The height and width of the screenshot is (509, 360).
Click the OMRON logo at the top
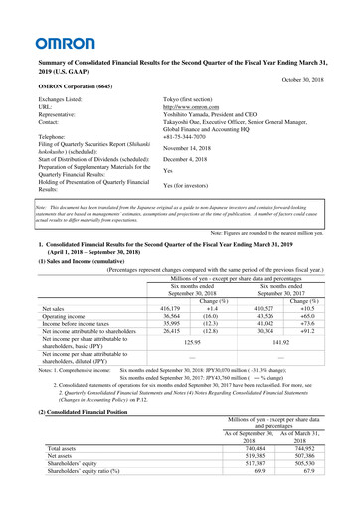click(39, 43)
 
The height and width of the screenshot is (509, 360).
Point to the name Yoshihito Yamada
click(194, 115)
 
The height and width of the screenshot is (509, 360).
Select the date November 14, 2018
click(194, 147)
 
